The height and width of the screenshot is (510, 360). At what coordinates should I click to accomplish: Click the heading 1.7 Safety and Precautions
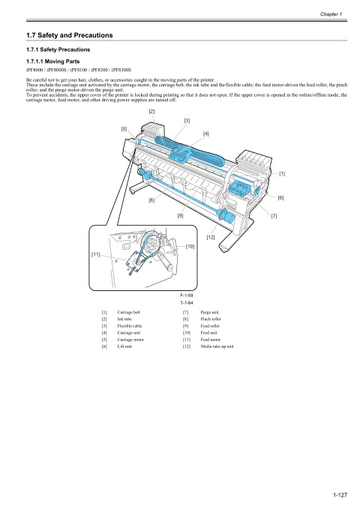pos(69,35)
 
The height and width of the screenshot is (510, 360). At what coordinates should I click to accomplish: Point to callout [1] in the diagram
pos(282,173)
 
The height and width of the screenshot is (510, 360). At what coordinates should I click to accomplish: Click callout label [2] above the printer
pos(152,112)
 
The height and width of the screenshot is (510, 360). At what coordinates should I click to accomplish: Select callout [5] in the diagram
pos(124,128)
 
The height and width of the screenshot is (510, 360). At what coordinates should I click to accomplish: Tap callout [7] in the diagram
pos(274,216)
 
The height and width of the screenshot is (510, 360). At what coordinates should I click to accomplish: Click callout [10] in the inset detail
pos(190,246)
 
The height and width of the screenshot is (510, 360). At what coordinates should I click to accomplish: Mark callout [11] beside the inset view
pos(97,255)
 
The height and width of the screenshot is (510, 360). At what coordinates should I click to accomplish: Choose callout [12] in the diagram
pos(211,237)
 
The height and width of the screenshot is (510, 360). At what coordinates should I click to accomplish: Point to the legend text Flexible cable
pos(133,325)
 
